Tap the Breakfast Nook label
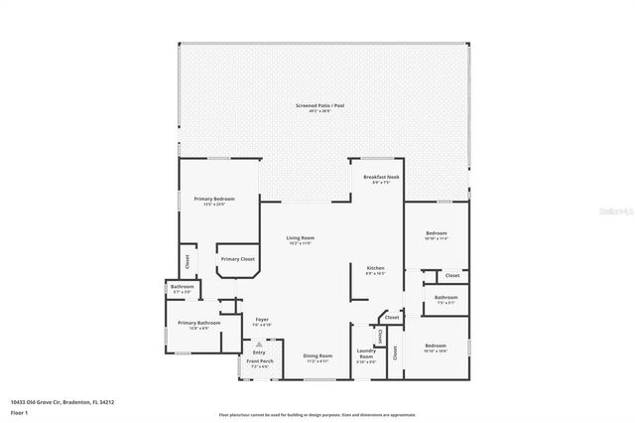379,177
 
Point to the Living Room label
301,238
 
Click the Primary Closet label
237,259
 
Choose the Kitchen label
375,269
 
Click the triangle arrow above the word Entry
259,344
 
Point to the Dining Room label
317,355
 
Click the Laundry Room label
366,355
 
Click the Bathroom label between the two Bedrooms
445,297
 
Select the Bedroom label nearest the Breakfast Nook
437,233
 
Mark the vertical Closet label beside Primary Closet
187,262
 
